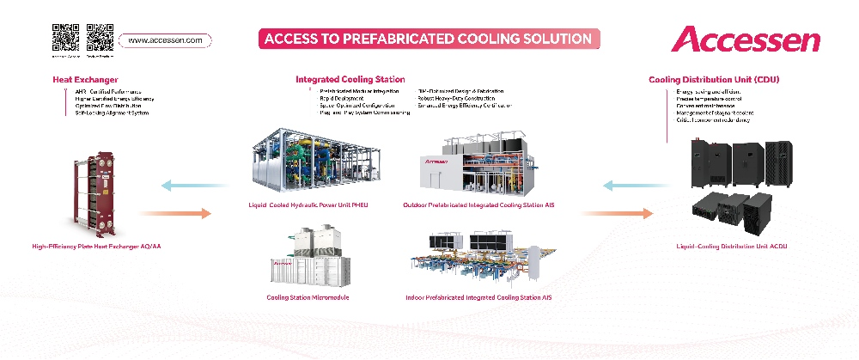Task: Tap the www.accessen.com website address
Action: (166, 40)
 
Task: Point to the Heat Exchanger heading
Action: (85, 80)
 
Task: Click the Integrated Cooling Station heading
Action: (350, 79)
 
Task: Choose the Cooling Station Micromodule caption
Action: (308, 297)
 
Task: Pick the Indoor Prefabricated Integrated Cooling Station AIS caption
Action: (478, 297)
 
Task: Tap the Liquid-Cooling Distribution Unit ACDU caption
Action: (732, 247)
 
